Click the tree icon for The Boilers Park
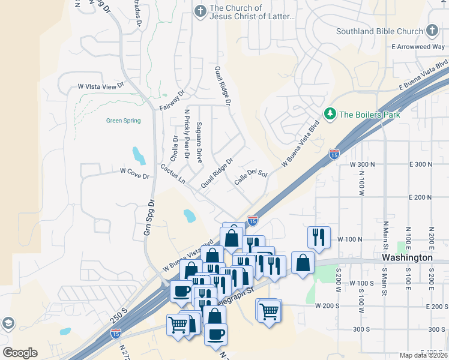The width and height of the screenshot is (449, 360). (x=330, y=113)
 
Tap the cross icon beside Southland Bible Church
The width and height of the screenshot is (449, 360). (x=432, y=31)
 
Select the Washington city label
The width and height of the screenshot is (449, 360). (x=407, y=257)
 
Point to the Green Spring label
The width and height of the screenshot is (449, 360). (x=123, y=121)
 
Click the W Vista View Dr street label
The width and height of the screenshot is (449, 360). (x=100, y=86)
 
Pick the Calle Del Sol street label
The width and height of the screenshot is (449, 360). (x=250, y=177)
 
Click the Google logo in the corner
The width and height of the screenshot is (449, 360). (x=20, y=353)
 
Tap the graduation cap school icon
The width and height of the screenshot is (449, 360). (x=8, y=324)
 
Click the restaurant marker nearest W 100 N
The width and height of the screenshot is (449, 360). (x=319, y=237)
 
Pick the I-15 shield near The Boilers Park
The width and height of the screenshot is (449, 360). (x=334, y=155)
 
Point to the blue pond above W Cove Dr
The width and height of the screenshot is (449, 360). (x=139, y=155)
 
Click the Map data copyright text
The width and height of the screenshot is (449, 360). (x=423, y=355)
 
